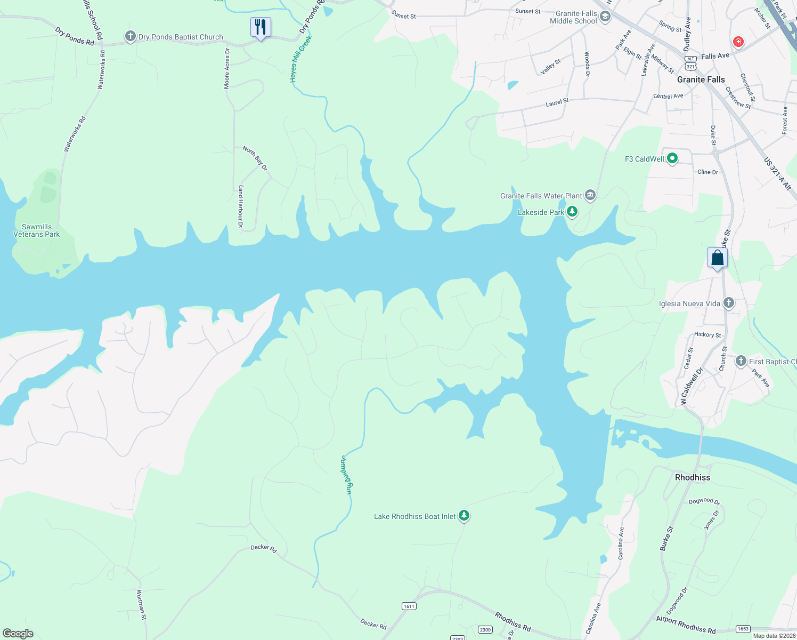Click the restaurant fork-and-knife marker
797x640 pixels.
(x=261, y=27)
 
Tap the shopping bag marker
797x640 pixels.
(x=717, y=258)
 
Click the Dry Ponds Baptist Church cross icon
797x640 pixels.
(x=130, y=37)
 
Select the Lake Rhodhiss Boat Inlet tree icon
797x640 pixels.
(x=464, y=516)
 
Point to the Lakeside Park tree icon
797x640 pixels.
(x=572, y=212)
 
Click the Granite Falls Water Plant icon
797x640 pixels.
(x=590, y=196)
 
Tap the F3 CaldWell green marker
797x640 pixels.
(x=672, y=158)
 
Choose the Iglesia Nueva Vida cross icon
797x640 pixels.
(x=729, y=303)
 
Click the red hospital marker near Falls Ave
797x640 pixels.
(x=738, y=42)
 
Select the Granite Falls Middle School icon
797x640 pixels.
(x=605, y=17)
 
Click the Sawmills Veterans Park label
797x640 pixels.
(x=37, y=230)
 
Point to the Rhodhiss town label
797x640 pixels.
(x=692, y=477)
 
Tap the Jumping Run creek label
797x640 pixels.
(x=346, y=475)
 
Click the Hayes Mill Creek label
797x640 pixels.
(x=300, y=59)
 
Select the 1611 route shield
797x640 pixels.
(x=409, y=606)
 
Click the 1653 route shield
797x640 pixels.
(x=743, y=629)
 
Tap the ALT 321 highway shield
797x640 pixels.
(x=690, y=63)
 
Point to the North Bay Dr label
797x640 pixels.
(x=255, y=158)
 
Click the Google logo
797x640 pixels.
(x=18, y=634)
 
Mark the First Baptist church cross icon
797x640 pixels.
(x=741, y=361)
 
